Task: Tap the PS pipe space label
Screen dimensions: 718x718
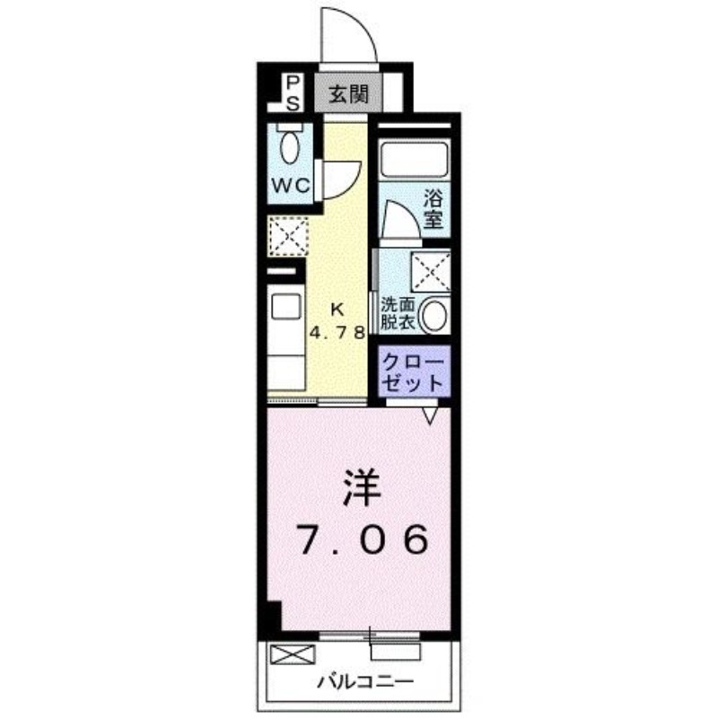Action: point(293,93)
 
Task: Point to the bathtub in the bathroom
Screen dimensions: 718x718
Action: point(414,159)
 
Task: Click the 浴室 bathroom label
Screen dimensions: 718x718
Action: point(433,208)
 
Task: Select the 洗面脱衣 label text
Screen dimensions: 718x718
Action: point(398,311)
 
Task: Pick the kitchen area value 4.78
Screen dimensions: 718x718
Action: point(337,330)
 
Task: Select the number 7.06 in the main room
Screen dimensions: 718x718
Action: point(360,539)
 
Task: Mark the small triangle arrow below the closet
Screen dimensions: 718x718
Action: point(431,415)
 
